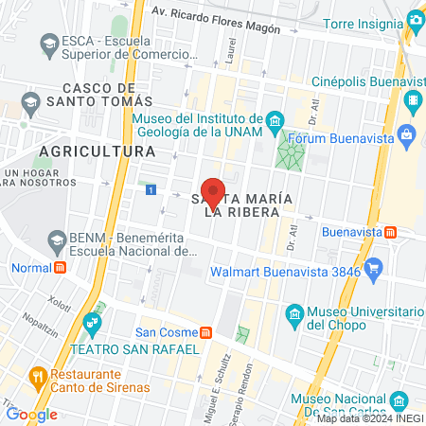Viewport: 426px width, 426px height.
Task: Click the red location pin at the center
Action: (x=213, y=192)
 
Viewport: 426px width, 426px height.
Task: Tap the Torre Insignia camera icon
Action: (x=415, y=20)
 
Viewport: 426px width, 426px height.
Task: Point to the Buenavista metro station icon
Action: (x=376, y=231)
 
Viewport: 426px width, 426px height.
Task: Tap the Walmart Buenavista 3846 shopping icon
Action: (x=375, y=269)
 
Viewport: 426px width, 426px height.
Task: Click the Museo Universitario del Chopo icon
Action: (x=294, y=313)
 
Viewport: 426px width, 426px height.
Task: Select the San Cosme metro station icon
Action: (x=205, y=332)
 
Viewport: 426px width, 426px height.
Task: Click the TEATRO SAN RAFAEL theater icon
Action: (x=93, y=324)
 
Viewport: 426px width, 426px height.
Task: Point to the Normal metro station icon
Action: (x=60, y=267)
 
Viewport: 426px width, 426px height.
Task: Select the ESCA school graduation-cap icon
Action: (x=48, y=43)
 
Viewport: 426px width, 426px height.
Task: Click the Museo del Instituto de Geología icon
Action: (x=275, y=119)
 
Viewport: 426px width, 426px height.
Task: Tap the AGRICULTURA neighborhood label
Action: (x=98, y=151)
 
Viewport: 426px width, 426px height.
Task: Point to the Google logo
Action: (x=31, y=414)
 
